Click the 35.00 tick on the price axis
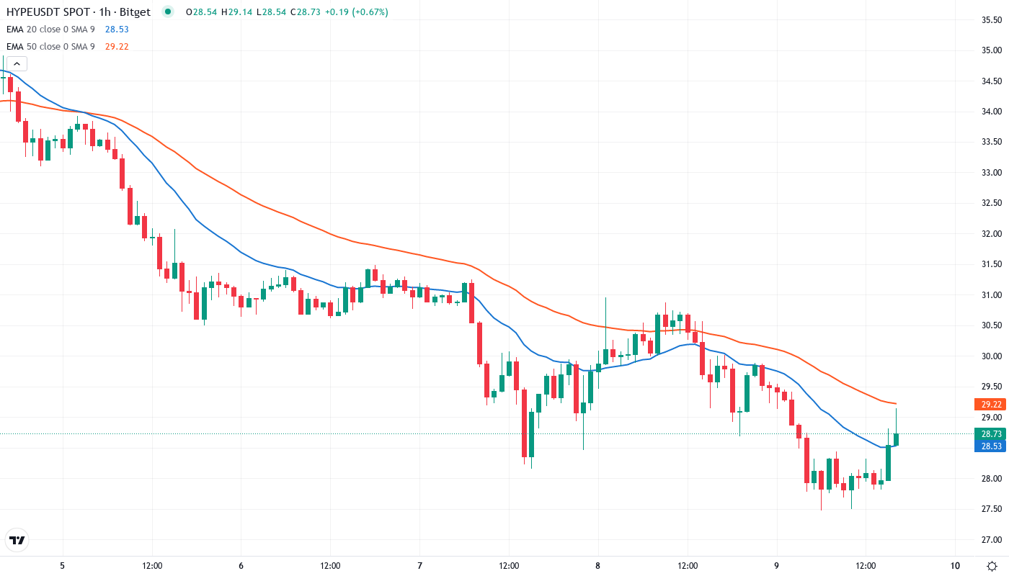991,50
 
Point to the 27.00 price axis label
991,540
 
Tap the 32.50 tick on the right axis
991,203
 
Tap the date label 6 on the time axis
241,565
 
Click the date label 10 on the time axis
955,565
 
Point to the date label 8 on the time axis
597,565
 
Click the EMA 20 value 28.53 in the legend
117,29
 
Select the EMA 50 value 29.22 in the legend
117,46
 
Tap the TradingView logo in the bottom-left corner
17,540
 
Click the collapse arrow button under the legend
17,63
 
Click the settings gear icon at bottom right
992,565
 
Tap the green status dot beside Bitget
168,12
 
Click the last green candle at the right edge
896,439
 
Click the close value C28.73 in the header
303,12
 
